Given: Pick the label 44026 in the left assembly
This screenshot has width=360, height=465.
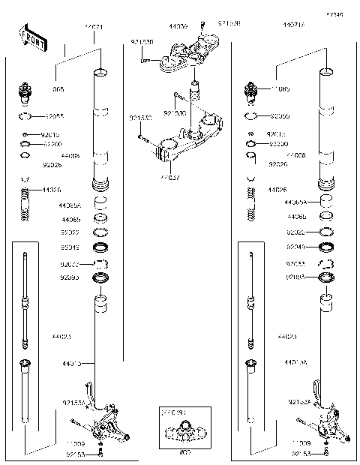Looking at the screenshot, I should tap(52, 190).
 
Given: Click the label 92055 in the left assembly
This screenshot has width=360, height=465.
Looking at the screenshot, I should tap(54, 117).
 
